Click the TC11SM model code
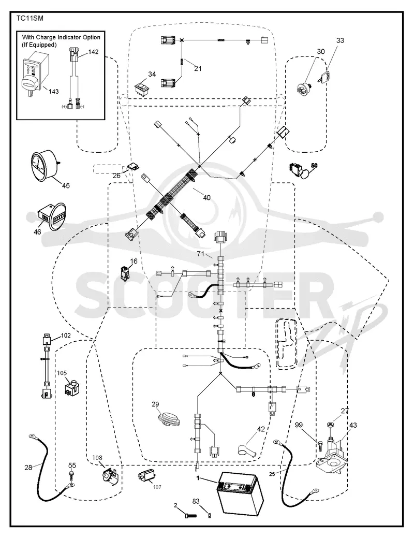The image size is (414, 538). click(30, 19)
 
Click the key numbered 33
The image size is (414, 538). click(325, 76)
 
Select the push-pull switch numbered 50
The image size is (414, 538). click(300, 170)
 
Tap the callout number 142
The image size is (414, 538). click(93, 52)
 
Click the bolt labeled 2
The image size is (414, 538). click(190, 515)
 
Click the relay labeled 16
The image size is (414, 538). click(125, 274)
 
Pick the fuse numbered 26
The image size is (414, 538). click(134, 168)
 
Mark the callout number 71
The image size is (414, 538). click(200, 254)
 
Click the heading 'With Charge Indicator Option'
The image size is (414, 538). click(62, 37)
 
